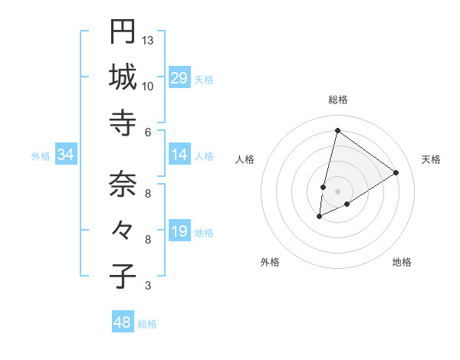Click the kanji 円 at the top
123,32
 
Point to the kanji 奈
123,185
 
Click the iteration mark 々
123,230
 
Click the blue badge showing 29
179,78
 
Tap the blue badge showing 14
179,155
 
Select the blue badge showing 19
179,232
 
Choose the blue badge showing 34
66,155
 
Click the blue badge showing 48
123,322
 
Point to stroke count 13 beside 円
148,41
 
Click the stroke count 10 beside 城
148,86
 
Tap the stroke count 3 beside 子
148,286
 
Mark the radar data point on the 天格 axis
396,173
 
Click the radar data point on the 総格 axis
337,130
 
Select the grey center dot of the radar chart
337,191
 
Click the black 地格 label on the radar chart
402,263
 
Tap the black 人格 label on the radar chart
245,159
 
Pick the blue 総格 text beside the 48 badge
147,324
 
